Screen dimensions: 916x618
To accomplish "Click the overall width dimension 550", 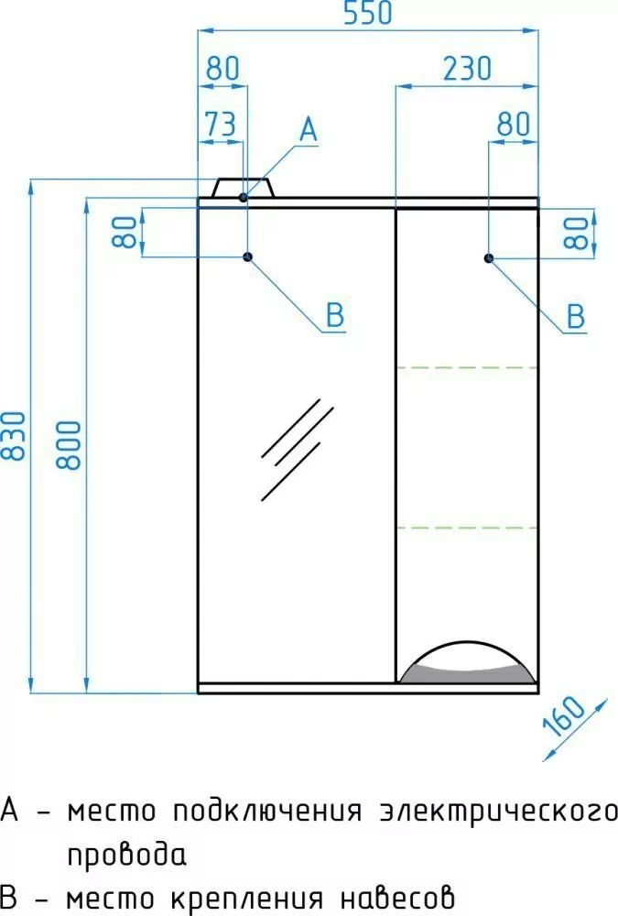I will pos(366,15).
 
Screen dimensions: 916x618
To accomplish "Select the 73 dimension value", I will pos(220,125).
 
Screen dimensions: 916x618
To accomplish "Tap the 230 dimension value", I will pos(466,69).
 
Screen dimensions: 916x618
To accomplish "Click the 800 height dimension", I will pos(74,444).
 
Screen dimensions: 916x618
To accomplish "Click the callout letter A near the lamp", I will pos(308,131).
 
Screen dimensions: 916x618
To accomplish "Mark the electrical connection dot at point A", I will pos(244,197).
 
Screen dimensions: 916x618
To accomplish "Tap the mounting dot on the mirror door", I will pos(247,257).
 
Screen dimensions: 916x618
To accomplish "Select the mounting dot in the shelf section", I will pos(489,258).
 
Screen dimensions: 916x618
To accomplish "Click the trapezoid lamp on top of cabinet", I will pos(244,188).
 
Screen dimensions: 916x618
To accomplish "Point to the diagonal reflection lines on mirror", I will pos(291,449).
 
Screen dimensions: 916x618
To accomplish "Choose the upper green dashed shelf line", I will pos(467,367).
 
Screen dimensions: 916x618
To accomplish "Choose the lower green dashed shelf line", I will pos(467,528).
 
